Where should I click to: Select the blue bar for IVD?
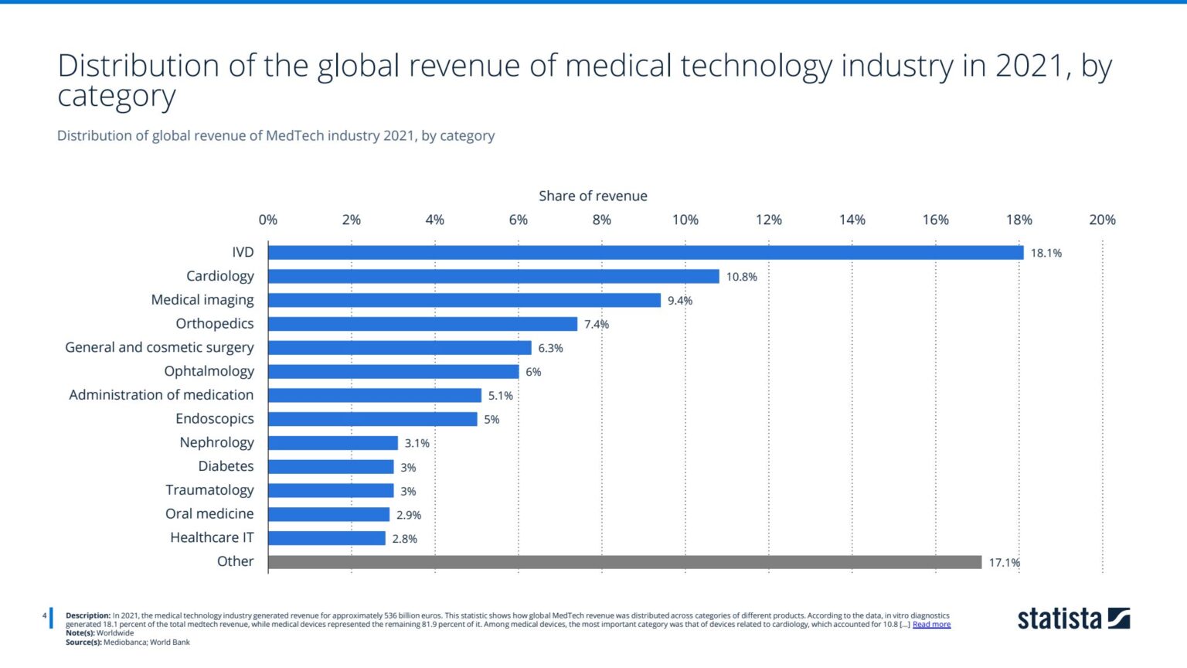[x=645, y=253]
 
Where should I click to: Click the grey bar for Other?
[x=624, y=562]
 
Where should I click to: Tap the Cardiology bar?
[x=493, y=277]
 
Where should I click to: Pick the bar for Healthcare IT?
[x=326, y=538]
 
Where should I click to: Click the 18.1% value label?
[x=1046, y=254]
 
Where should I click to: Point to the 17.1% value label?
[x=1004, y=563]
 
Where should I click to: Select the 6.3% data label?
[x=550, y=349]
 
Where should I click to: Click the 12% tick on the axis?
[x=768, y=220]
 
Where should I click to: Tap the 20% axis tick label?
[x=1102, y=220]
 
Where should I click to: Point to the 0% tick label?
[x=268, y=220]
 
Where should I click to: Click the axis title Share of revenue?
[x=593, y=196]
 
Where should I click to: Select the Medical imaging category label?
[x=202, y=300]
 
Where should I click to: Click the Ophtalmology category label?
[x=209, y=371]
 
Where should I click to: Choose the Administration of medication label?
[x=161, y=395]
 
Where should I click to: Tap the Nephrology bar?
[x=332, y=443]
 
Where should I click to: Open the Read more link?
[x=931, y=625]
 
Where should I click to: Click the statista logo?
[x=1073, y=619]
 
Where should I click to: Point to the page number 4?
[x=45, y=616]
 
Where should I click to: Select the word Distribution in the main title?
[x=138, y=66]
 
